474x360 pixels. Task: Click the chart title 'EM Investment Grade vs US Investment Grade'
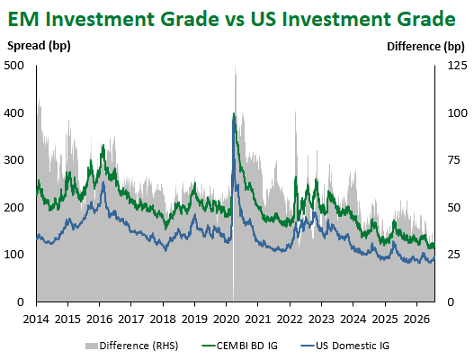pyautogui.click(x=231, y=19)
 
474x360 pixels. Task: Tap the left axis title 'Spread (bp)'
pyautogui.click(x=39, y=46)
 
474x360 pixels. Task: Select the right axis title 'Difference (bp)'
pyautogui.click(x=425, y=47)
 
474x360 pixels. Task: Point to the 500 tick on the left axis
pyautogui.click(x=13, y=66)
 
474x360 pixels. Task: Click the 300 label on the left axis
pyautogui.click(x=13, y=160)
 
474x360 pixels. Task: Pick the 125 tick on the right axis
pyautogui.click(x=458, y=66)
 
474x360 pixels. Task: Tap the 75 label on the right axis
pyautogui.click(x=453, y=160)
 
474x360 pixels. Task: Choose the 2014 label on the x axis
pyautogui.click(x=36, y=319)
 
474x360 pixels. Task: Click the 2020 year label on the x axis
pyautogui.click(x=226, y=319)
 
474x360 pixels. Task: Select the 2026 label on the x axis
pyautogui.click(x=416, y=319)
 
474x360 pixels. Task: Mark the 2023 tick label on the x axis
pyautogui.click(x=321, y=319)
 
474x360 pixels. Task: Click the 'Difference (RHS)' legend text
pyautogui.click(x=139, y=346)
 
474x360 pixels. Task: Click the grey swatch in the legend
pyautogui.click(x=92, y=346)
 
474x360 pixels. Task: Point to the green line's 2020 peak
pyautogui.click(x=234, y=113)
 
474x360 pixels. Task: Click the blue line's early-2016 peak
pyautogui.click(x=103, y=183)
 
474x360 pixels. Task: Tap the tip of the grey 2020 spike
pyautogui.click(x=236, y=65)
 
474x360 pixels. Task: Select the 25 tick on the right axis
pyautogui.click(x=453, y=255)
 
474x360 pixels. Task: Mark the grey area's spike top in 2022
pyautogui.click(x=295, y=111)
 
